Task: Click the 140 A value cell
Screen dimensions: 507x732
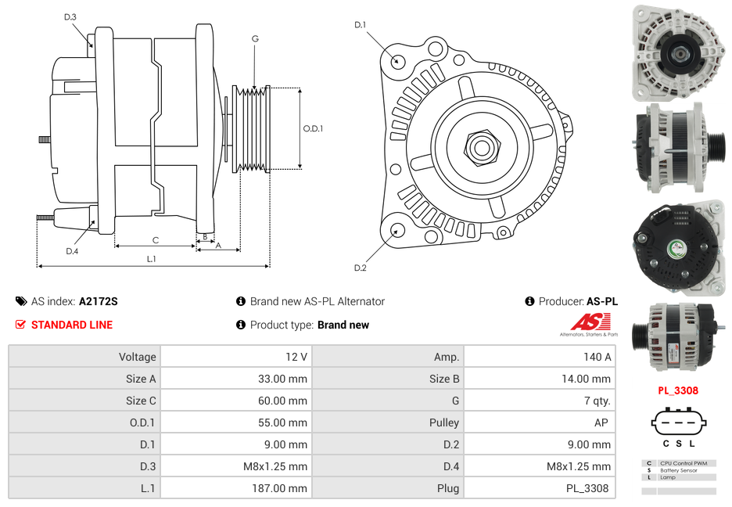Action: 538,357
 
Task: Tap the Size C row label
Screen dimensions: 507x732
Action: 84,401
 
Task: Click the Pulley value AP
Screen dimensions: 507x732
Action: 538,422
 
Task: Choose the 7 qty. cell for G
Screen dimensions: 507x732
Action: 538,401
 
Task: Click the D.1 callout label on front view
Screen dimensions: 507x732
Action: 360,25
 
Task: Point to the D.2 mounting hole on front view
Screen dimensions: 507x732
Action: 397,230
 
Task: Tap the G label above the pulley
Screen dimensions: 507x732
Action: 255,38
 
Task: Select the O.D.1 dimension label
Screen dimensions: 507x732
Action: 313,128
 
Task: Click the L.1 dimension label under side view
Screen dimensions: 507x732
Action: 152,258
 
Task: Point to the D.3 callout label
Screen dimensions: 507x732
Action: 70,16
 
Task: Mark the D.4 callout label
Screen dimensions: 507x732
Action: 72,251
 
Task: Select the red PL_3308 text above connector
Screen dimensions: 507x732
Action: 677,390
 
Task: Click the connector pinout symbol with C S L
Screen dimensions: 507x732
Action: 677,426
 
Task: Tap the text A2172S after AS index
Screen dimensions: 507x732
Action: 98,301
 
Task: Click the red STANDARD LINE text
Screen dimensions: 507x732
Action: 71,325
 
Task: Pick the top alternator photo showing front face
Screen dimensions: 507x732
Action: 677,52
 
